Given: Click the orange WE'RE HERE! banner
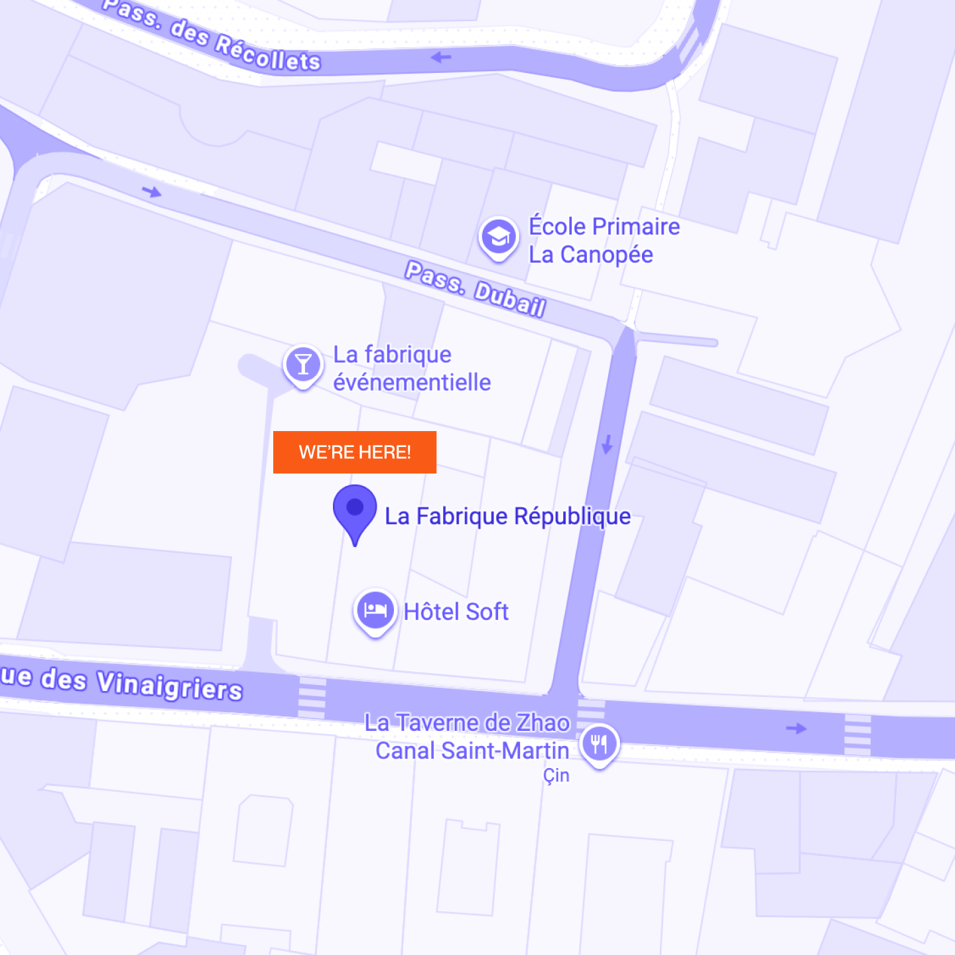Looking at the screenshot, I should [x=355, y=452].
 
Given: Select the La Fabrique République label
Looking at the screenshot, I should [x=507, y=516].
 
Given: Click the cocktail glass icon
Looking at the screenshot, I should [x=303, y=364].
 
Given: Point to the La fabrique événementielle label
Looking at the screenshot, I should [x=411, y=369].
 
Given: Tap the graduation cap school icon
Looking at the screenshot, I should [x=498, y=237].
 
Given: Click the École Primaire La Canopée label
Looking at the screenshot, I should [x=604, y=240].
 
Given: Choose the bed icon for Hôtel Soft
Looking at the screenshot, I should [x=375, y=610].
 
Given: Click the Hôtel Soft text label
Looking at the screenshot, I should [x=456, y=611].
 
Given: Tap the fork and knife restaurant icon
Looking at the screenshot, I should [x=599, y=743].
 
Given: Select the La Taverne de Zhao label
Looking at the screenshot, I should [x=467, y=723].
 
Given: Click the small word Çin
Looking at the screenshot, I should [x=556, y=775].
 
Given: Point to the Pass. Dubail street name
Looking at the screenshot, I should [x=475, y=289].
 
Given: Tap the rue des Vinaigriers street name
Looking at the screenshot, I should [x=123, y=682].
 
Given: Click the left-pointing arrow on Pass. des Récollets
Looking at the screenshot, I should [x=441, y=58].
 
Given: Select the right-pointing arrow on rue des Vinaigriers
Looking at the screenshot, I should [x=796, y=728].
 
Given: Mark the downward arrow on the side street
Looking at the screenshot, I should [x=607, y=444].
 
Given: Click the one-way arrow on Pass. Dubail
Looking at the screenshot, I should [x=152, y=192].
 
